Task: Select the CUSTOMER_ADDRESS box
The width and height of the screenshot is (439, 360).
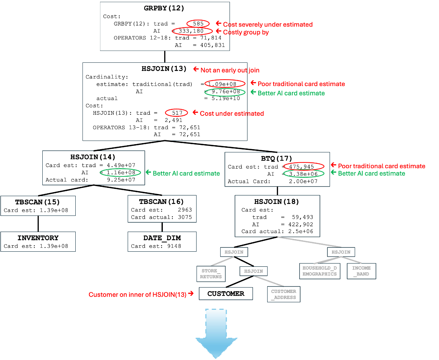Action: tap(284, 294)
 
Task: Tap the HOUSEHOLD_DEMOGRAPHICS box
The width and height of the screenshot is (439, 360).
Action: tap(320, 271)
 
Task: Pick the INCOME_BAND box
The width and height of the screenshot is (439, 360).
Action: tap(361, 271)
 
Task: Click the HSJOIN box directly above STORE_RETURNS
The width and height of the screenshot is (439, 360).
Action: tap(234, 252)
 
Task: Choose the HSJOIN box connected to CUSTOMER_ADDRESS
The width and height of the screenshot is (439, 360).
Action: tap(254, 271)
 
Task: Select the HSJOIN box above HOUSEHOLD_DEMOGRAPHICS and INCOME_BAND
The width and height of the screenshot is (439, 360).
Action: tap(341, 252)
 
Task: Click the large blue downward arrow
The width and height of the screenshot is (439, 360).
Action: tap(216, 333)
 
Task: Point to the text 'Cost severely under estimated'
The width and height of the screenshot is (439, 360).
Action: tap(268, 24)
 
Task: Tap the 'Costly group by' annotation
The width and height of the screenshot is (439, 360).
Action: tap(246, 32)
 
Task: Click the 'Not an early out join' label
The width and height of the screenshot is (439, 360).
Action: tap(230, 70)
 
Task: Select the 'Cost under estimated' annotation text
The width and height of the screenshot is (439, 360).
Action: tap(232, 114)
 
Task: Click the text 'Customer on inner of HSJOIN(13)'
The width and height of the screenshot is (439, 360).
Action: tap(137, 295)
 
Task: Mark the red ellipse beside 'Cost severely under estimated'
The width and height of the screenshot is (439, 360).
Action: tap(198, 24)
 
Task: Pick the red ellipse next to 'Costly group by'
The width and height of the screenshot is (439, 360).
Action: tap(193, 32)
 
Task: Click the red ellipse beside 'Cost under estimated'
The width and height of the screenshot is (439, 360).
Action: tap(176, 113)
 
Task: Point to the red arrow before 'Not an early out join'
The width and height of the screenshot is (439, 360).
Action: tap(196, 69)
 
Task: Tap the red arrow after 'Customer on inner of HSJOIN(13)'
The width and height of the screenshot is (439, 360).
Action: tap(191, 294)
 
